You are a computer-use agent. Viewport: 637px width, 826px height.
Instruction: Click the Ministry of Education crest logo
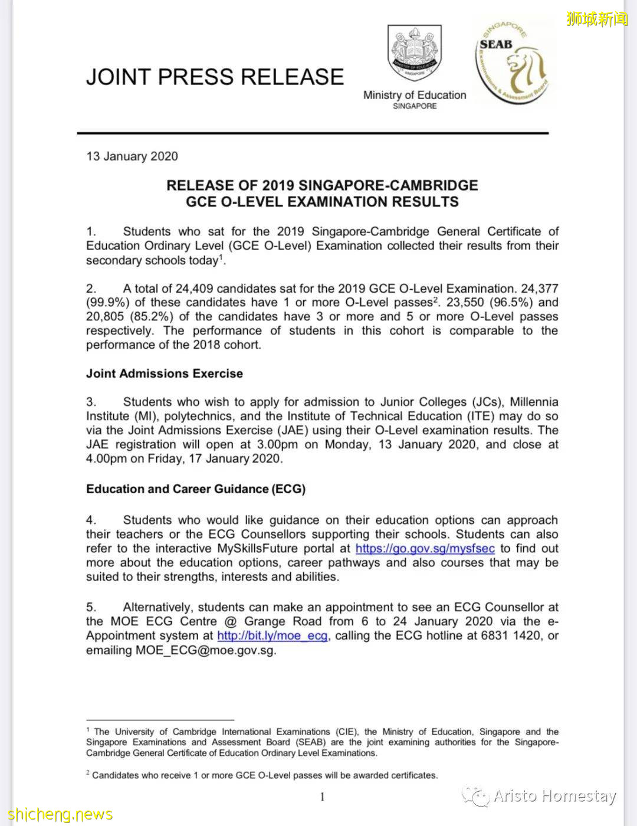click(x=415, y=54)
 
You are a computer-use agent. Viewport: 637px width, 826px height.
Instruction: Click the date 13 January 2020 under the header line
click(x=132, y=156)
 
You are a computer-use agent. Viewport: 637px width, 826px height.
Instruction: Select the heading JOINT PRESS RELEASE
click(x=215, y=77)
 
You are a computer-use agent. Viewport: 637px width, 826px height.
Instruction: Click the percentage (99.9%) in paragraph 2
click(x=108, y=303)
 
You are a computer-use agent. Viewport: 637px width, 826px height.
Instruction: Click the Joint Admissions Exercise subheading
click(x=165, y=373)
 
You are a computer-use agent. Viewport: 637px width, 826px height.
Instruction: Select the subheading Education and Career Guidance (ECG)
click(x=196, y=489)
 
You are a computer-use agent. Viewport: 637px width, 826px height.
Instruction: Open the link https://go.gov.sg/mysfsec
click(x=425, y=549)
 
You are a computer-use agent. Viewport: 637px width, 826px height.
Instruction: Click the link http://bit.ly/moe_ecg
click(x=272, y=636)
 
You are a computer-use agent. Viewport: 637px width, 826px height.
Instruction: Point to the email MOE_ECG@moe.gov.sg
click(x=206, y=650)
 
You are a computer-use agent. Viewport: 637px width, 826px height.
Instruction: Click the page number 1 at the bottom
click(x=323, y=797)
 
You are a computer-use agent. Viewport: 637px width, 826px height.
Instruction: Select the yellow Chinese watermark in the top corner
click(x=597, y=19)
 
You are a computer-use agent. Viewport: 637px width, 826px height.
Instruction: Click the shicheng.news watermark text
click(x=57, y=815)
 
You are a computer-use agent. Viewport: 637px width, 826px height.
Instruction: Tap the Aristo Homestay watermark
click(x=554, y=796)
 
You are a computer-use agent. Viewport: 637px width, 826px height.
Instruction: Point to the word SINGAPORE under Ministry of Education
click(x=415, y=106)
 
